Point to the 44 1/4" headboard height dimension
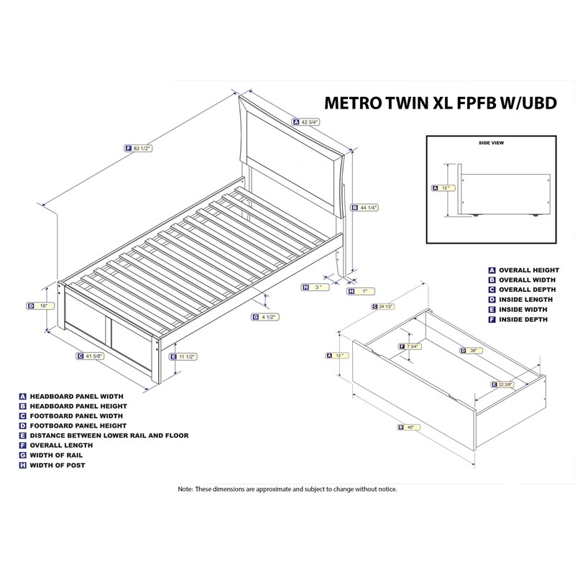pyautogui.click(x=368, y=207)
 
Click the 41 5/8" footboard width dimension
pyautogui.click(x=93, y=355)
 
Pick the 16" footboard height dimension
pyautogui.click(x=43, y=305)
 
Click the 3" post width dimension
pyautogui.click(x=318, y=287)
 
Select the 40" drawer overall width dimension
pyautogui.click(x=409, y=427)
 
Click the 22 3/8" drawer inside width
pyautogui.click(x=508, y=385)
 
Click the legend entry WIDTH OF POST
pyautogui.click(x=57, y=466)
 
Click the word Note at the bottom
pyautogui.click(x=185, y=489)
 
